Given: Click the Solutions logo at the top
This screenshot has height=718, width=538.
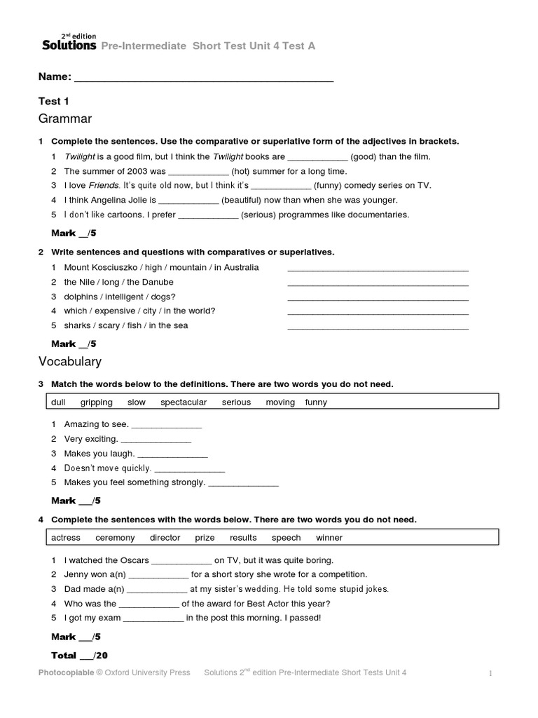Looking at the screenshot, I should (68, 43).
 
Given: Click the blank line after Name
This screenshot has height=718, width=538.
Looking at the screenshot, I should (203, 77).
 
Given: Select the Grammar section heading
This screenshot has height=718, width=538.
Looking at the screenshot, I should (65, 118).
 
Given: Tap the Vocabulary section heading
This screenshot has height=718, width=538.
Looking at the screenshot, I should (70, 361).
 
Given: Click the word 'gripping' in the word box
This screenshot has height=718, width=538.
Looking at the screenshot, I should (96, 402).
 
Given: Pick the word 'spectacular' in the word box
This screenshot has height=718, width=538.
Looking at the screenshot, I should (184, 402).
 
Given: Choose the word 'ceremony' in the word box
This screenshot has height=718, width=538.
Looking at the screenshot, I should (115, 538).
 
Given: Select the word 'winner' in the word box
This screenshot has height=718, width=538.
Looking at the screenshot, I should (329, 538).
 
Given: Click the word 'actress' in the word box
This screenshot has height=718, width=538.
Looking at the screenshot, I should (66, 538).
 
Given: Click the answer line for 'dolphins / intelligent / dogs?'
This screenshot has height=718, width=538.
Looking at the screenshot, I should (378, 297).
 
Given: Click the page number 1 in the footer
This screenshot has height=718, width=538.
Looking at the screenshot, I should (491, 674).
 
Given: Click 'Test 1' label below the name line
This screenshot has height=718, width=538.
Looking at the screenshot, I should (53, 101).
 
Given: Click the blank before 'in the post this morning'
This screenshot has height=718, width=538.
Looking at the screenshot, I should (153, 618).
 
